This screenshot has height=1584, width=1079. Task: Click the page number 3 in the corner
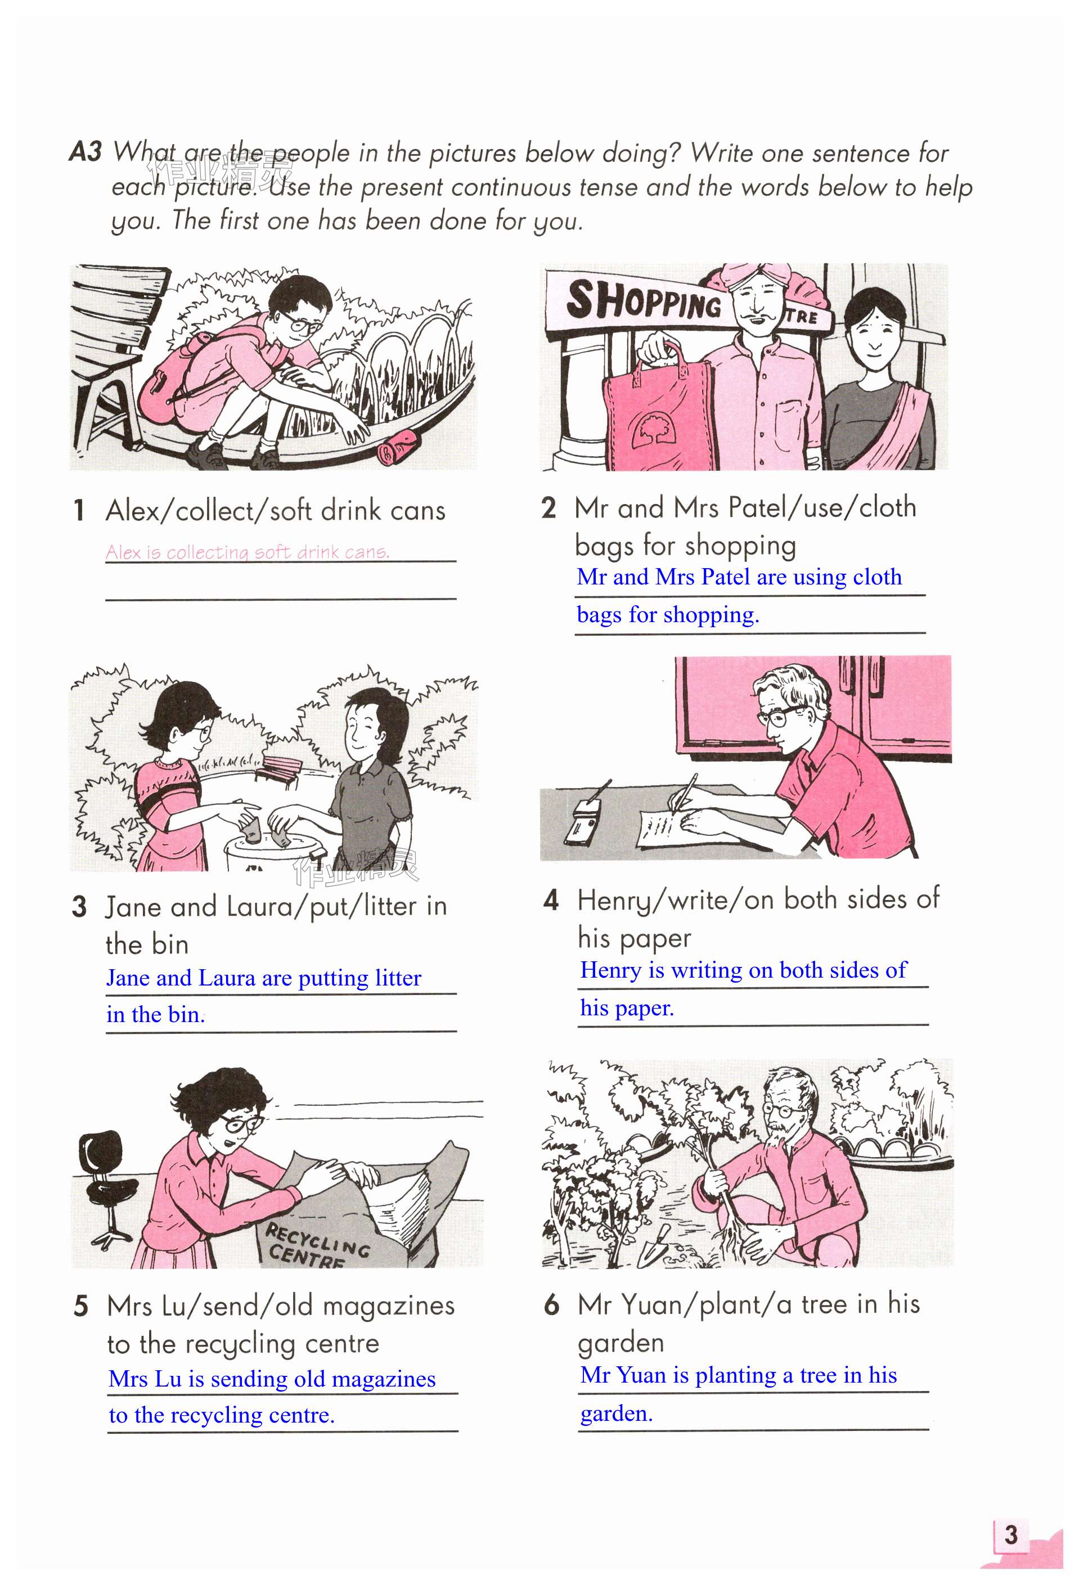click(1010, 1534)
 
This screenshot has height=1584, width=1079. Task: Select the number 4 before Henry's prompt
click(551, 901)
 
